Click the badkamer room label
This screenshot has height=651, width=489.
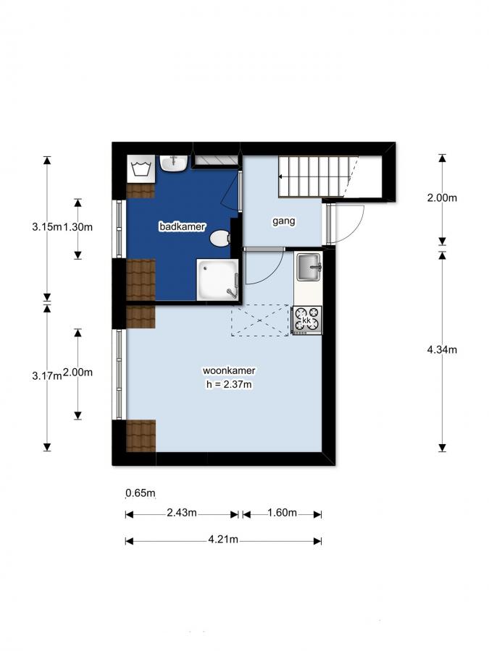click(x=177, y=227)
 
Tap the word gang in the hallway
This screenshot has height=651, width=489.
click(x=283, y=221)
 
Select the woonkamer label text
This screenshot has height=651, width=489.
click(x=228, y=371)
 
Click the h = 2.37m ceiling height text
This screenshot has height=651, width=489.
click(x=228, y=385)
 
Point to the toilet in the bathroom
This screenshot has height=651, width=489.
click(x=219, y=238)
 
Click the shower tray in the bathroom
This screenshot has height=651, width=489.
click(x=217, y=280)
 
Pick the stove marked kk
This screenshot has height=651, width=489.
click(x=308, y=319)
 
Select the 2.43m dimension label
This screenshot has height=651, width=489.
click(x=182, y=514)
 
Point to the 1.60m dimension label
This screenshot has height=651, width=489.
click(x=283, y=514)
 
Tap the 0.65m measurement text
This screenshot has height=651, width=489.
click(x=141, y=494)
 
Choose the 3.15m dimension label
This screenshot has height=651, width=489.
click(x=46, y=227)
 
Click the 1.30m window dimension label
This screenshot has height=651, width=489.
click(x=78, y=227)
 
